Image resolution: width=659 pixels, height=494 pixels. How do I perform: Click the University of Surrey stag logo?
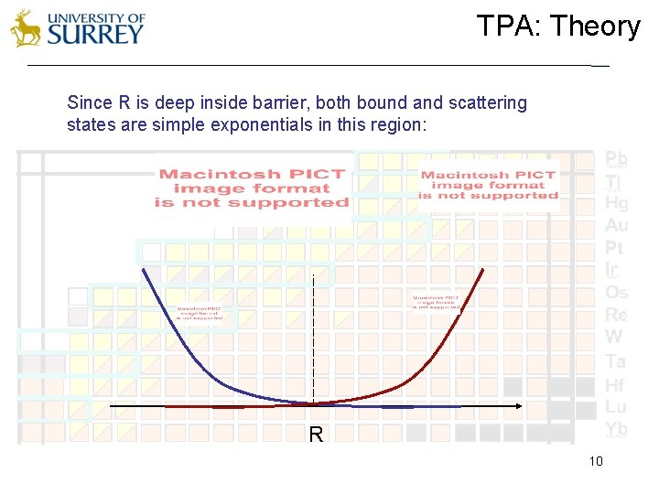coord(26,29)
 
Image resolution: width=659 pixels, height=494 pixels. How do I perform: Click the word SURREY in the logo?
coord(95,35)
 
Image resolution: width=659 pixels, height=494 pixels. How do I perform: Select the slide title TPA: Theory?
coord(557,27)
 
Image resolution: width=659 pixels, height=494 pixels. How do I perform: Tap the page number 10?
coord(596,461)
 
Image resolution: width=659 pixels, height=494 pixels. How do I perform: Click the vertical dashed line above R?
coord(314,338)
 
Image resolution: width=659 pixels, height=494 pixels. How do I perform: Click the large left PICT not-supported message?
coord(253,188)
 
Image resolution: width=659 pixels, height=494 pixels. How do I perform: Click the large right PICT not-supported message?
coord(488,185)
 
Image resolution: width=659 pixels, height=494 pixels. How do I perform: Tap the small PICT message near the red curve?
coord(435,302)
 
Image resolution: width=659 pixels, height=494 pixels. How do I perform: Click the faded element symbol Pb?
coord(616,158)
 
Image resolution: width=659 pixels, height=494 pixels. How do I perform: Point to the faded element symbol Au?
coord(616,225)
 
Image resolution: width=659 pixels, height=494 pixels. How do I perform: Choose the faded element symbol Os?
coord(616,293)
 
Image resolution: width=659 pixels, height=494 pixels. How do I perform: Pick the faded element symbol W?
coord(613,338)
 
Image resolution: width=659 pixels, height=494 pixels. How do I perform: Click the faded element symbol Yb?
coord(616,429)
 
